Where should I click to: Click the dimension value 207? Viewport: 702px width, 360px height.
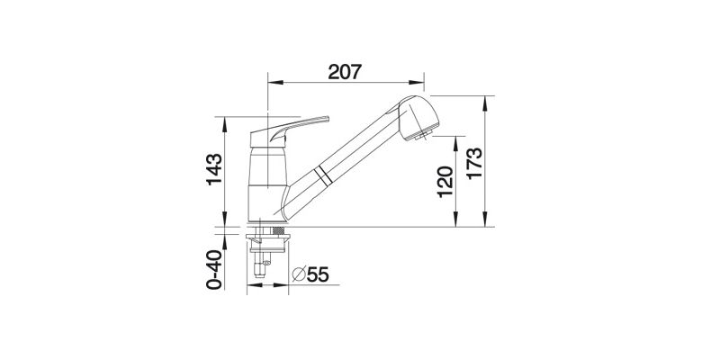tap(345, 72)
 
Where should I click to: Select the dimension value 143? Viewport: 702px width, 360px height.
tap(214, 169)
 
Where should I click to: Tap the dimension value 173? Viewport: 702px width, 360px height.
tap(474, 164)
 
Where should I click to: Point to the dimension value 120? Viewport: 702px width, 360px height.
tap(445, 181)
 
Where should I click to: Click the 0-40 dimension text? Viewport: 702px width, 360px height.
tap(214, 270)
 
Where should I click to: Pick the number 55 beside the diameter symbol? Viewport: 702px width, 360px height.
tap(318, 274)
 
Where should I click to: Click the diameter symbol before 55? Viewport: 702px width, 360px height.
tap(299, 274)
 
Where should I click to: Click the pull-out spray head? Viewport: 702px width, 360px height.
tap(418, 117)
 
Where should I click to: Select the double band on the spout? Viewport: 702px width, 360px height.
tap(323, 175)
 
